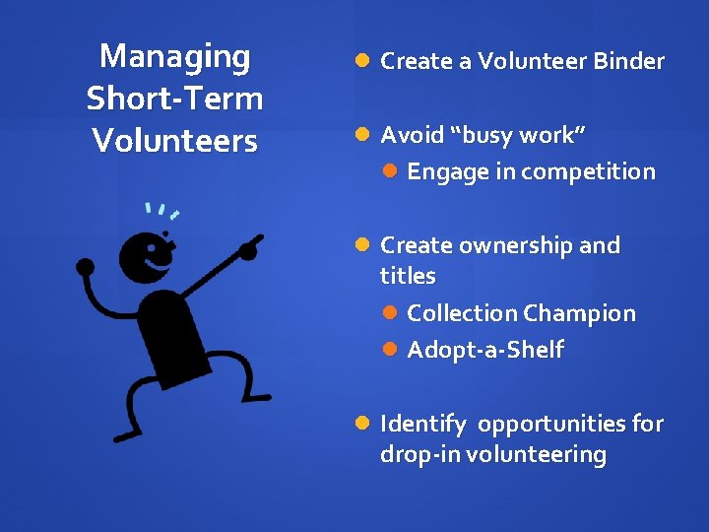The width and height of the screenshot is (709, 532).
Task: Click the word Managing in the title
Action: tap(175, 57)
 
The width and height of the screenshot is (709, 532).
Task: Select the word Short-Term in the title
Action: tap(175, 99)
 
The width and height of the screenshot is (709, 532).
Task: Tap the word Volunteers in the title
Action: tap(175, 141)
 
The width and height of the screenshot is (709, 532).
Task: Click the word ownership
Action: tap(512, 245)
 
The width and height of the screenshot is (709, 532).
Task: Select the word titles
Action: tap(408, 277)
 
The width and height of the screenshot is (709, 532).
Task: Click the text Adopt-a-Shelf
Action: tap(484, 350)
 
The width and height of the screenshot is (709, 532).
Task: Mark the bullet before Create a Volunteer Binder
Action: tap(362, 61)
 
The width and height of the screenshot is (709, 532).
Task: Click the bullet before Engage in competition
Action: tap(390, 171)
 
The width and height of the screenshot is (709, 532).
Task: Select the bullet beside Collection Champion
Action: tap(390, 313)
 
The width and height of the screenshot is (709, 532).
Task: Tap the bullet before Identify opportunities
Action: tap(362, 424)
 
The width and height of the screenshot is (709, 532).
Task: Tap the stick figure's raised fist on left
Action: tap(86, 266)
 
